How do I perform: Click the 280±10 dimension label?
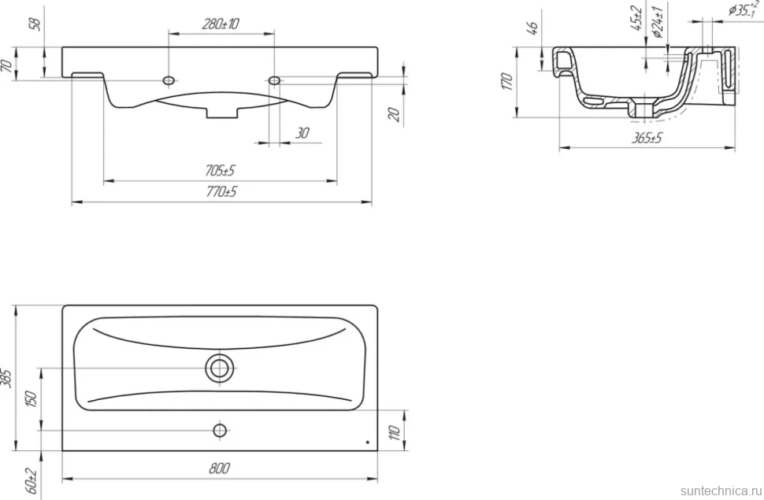[x=221, y=24]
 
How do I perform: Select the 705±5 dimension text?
[x=220, y=171]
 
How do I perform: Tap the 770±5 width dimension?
[x=221, y=191]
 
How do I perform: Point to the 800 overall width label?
[x=219, y=469]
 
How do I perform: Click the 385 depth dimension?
[x=6, y=378]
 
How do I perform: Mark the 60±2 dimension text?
[x=32, y=480]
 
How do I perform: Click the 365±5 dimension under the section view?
[x=647, y=138]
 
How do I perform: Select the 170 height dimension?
[x=506, y=81]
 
